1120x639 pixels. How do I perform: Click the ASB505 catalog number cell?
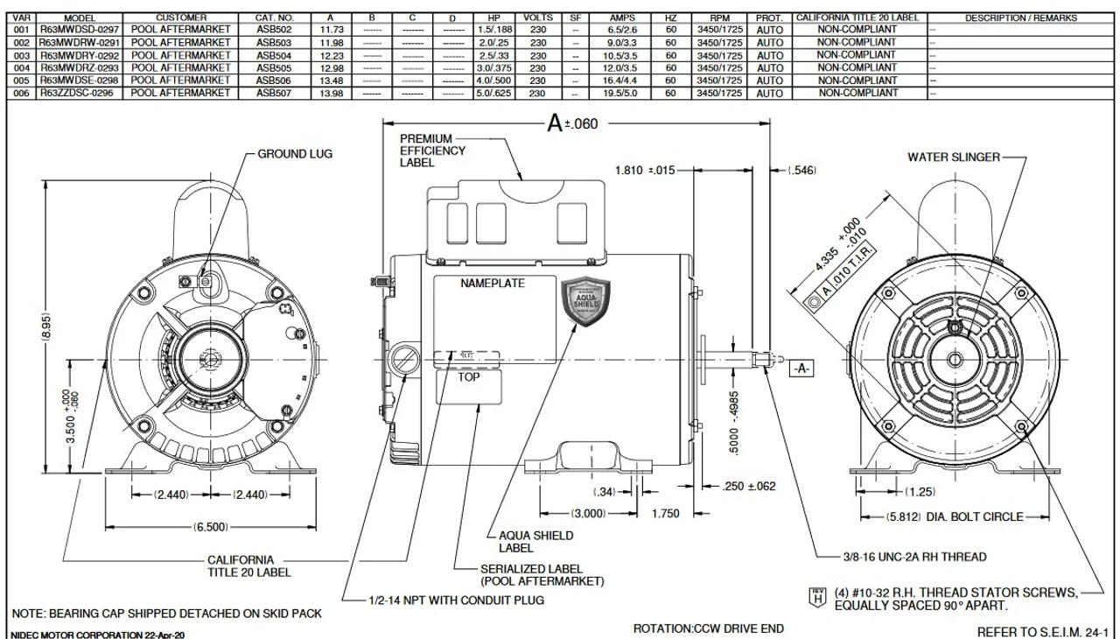click(x=275, y=67)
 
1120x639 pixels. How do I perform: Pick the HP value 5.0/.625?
click(x=493, y=92)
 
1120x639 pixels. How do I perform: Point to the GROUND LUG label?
click(x=295, y=154)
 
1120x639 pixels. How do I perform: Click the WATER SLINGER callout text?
click(x=953, y=158)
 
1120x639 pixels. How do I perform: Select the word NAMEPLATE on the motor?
click(x=493, y=284)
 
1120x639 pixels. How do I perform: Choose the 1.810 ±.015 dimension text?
click(x=645, y=171)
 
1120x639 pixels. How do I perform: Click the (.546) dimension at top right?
click(x=801, y=171)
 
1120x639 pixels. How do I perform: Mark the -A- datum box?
click(x=801, y=369)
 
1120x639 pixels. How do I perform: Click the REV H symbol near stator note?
click(x=817, y=599)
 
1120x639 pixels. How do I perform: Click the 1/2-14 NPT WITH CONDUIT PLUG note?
click(x=456, y=600)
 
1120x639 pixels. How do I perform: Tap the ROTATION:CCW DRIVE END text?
click(x=708, y=628)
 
